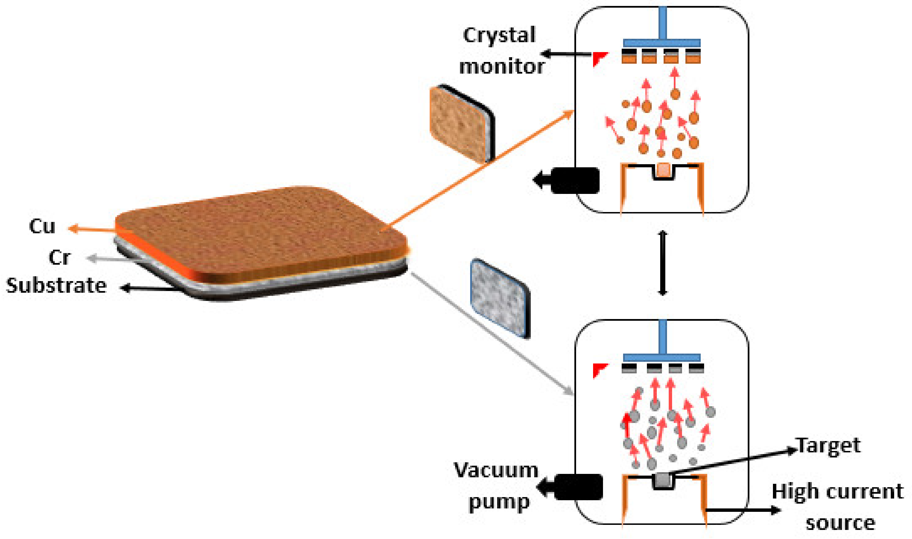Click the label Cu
point(42,227)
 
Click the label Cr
point(59,258)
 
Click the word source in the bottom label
point(840,523)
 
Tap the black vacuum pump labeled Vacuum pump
point(578,487)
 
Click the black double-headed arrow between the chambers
point(663,263)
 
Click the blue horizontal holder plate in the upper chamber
point(662,43)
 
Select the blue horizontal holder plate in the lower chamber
point(662,357)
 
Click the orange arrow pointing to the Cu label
point(95,230)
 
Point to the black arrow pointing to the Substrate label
point(149,288)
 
